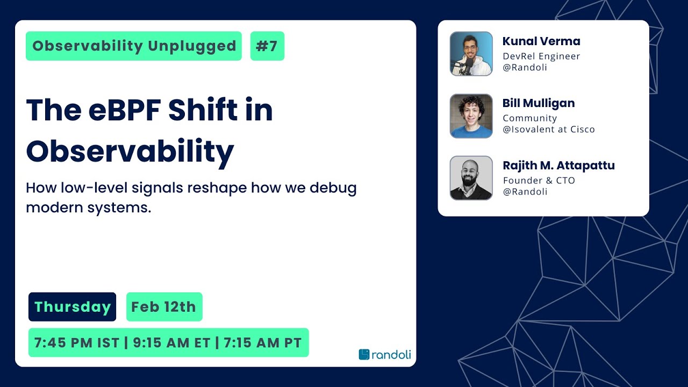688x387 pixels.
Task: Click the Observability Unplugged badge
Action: (x=134, y=46)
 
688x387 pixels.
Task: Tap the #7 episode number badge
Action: (x=267, y=46)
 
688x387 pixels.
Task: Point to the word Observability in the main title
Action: (x=130, y=151)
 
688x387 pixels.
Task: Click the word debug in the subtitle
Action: (x=333, y=189)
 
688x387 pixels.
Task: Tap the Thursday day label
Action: (x=72, y=307)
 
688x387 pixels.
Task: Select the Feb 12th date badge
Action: (x=164, y=307)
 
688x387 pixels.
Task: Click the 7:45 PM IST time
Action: (x=76, y=343)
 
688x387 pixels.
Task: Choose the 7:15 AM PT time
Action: (x=262, y=343)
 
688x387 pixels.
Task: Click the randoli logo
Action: (x=385, y=354)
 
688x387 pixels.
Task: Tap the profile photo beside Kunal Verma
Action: (x=471, y=54)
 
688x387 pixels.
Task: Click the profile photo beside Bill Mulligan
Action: (x=471, y=116)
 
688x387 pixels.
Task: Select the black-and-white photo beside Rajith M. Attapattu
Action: (x=471, y=178)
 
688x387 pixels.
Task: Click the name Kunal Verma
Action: (x=541, y=41)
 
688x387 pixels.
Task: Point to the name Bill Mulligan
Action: (x=539, y=103)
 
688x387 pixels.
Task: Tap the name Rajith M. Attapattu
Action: (x=558, y=166)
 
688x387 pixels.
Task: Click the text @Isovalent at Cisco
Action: (x=548, y=130)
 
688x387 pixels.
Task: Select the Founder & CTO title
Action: (x=539, y=181)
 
